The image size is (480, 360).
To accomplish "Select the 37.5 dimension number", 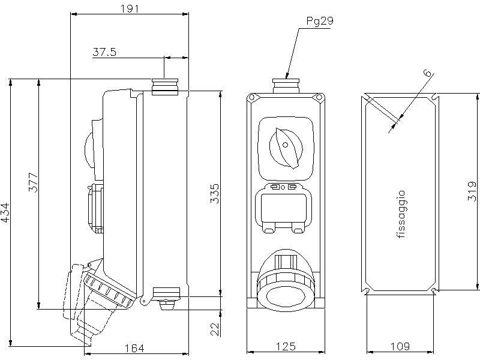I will click(x=104, y=52).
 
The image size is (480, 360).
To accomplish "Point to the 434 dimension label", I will click(x=5, y=212).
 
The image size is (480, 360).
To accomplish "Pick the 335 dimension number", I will click(x=215, y=194).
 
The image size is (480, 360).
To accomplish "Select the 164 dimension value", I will click(x=138, y=346).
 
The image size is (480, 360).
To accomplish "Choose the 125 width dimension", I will click(x=285, y=346).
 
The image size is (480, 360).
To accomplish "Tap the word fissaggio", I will click(x=401, y=215).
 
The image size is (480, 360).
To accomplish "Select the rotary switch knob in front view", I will click(x=285, y=146).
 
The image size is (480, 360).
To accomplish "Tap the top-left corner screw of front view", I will click(x=253, y=98).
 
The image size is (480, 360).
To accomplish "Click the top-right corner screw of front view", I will click(x=320, y=98).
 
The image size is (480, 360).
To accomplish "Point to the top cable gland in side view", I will click(x=165, y=87).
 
